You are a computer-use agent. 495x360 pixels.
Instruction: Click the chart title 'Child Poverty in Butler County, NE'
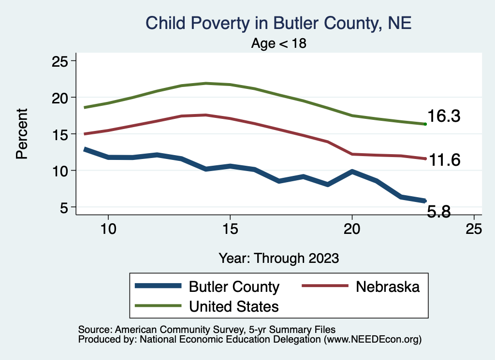278,23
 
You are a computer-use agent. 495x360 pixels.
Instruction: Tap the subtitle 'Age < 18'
279,43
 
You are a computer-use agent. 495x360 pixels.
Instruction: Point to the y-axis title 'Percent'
21,134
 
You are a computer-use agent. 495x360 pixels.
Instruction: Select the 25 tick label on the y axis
60,61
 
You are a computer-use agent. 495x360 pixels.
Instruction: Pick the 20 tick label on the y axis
60,98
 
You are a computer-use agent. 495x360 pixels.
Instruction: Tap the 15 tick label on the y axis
60,134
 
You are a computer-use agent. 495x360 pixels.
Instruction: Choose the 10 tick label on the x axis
108,229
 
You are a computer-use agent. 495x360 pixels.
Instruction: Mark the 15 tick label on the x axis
230,229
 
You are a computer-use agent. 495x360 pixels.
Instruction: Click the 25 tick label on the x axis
474,229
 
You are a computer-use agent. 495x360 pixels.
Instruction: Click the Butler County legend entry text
234,287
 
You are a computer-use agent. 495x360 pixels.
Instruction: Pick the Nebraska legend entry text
388,287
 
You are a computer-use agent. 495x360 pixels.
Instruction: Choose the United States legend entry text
234,306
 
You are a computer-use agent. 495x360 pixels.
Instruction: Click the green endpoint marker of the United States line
425,124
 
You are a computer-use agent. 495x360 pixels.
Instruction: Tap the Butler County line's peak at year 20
352,172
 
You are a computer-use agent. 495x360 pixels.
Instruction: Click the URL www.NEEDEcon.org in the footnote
372,340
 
